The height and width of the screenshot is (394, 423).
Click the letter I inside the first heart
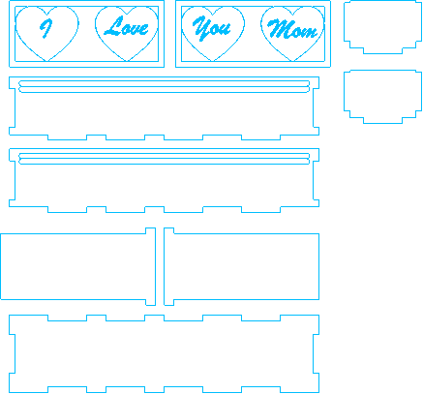pos(46,28)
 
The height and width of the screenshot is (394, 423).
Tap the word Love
pos(126,26)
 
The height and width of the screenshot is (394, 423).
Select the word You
pos(211,28)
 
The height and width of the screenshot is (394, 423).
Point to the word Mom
pos(292,29)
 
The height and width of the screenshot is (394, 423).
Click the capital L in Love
pos(113,26)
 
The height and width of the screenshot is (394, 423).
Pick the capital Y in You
pos(201,28)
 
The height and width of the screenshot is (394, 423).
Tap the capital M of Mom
pos(280,28)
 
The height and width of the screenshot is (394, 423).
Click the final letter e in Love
pos(144,29)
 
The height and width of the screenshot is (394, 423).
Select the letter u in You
pos(226,29)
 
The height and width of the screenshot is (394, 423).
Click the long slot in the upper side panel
pos(164,87)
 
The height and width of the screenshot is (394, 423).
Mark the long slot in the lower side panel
pos(164,159)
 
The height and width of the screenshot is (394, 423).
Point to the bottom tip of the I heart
pos(47,61)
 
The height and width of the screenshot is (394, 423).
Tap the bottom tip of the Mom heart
pos(293,61)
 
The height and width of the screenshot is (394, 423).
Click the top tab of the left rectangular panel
pos(151,230)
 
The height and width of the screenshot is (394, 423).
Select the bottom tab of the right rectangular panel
pos(168,302)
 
